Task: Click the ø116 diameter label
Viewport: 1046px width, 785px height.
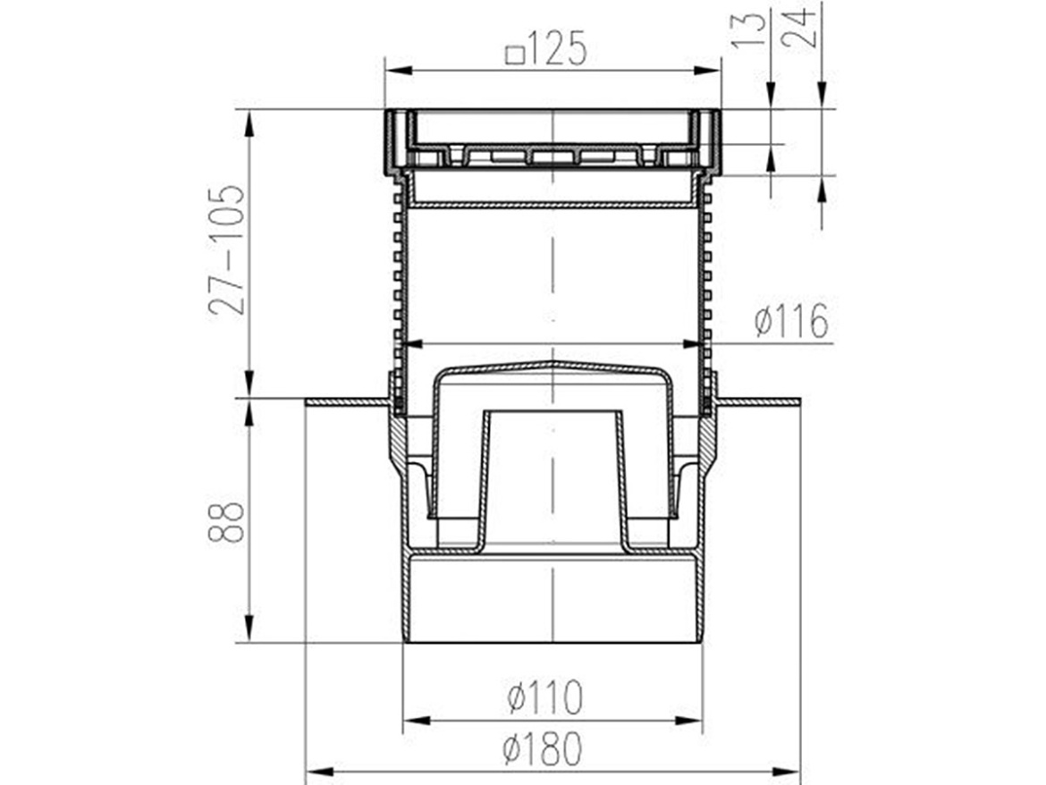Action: click(x=790, y=321)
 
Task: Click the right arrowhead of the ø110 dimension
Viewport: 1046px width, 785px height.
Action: click(x=693, y=720)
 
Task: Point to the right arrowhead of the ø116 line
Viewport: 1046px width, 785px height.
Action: click(x=693, y=342)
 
